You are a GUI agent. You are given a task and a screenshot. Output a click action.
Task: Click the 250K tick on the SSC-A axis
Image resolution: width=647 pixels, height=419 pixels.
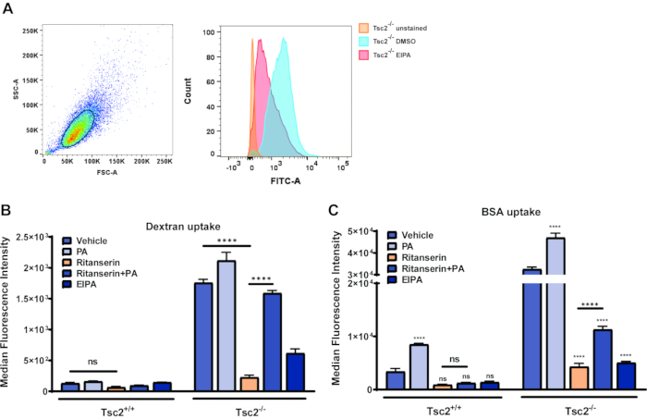tap(28, 31)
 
